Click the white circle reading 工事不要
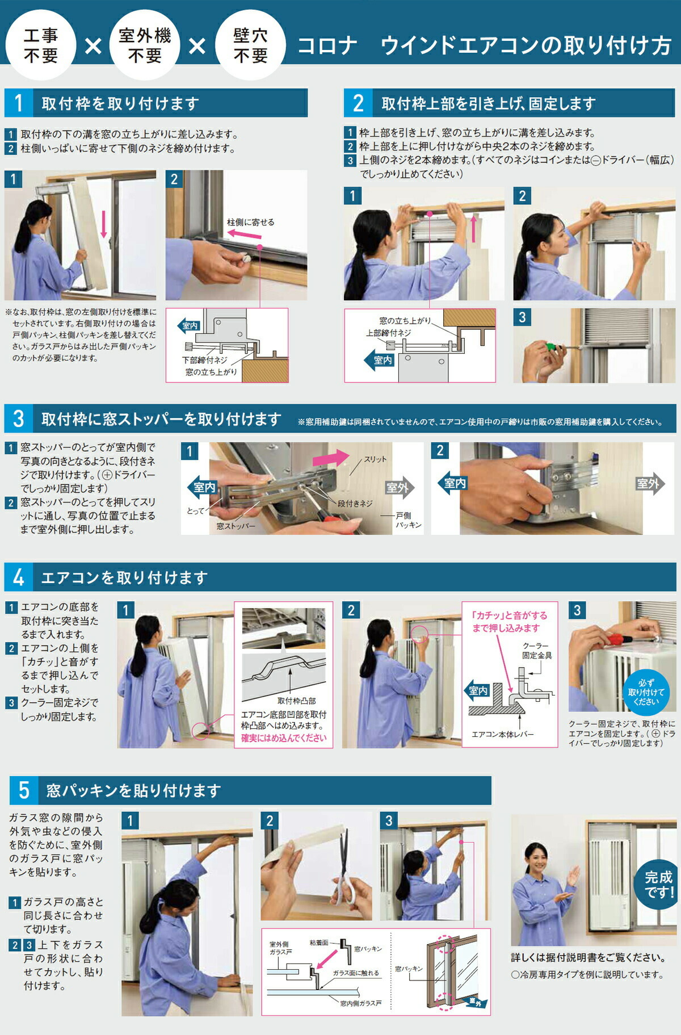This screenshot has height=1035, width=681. point(40,45)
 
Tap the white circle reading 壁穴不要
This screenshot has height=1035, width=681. point(250,45)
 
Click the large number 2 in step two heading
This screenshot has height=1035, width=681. point(358,103)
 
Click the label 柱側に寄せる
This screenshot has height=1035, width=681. point(250,222)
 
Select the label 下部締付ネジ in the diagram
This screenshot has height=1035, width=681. point(205,360)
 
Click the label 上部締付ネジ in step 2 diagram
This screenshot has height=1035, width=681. point(388,333)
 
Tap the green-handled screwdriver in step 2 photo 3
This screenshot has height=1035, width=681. point(549,346)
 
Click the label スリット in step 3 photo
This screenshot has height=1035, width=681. point(375,459)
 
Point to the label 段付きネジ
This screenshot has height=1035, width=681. point(355,503)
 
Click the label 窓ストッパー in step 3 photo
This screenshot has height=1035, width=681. point(236,526)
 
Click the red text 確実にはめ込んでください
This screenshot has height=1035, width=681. point(284,738)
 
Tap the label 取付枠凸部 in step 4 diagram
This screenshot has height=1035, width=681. point(296,701)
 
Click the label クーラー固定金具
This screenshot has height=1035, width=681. point(537,651)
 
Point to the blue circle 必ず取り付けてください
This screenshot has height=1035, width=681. point(646,692)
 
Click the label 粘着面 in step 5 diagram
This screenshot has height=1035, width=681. point(319,942)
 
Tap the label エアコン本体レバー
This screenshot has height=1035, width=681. point(502,734)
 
